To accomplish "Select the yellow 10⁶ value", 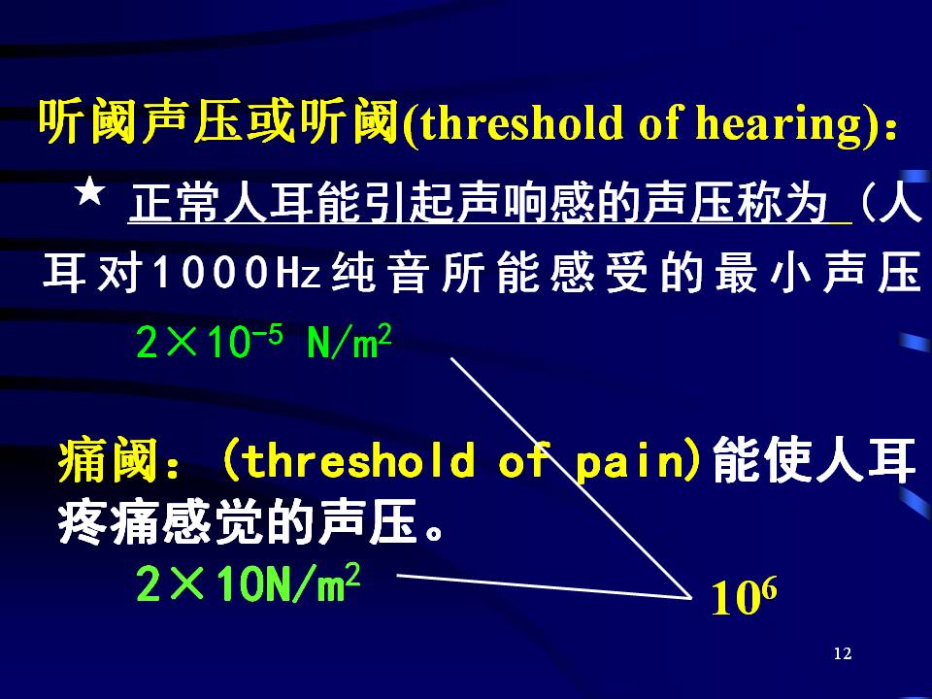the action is pos(744,596).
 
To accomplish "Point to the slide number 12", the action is pos(843,653).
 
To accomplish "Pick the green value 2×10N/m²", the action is pos(248,582).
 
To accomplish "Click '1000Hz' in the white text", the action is pos(237,273).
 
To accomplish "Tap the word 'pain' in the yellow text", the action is pos(631,462).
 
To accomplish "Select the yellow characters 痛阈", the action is pos(109,459).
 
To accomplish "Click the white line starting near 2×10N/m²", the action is pos(545,586).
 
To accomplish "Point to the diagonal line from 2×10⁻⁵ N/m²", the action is pos(571,478).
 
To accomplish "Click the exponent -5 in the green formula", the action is pos(268,335).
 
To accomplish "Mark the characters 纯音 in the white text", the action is pos(381,273).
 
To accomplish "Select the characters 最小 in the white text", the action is pos(763,273).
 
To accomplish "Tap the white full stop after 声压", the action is pos(436,531).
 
